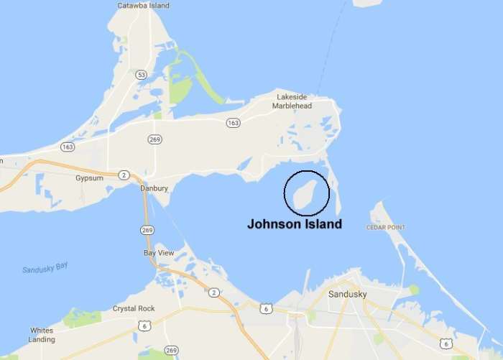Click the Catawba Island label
143,6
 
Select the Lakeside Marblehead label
292,101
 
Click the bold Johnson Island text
294,224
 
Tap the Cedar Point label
387,228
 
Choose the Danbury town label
153,188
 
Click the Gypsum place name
88,177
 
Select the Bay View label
158,253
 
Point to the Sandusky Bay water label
45,269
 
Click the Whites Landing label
41,335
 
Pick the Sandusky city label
347,295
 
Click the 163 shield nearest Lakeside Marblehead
233,123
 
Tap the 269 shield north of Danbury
154,139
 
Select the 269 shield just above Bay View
147,231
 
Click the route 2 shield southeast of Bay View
214,292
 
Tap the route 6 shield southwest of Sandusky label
266,308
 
